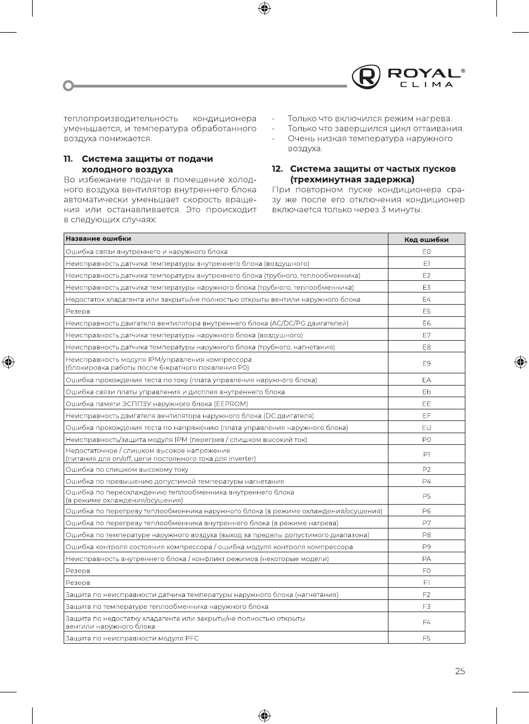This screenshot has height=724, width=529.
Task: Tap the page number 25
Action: tap(460, 671)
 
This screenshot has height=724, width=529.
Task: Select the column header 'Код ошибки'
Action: tap(426, 239)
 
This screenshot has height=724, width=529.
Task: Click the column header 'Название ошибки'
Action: tap(98, 239)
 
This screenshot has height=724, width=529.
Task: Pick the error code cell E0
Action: tap(426, 251)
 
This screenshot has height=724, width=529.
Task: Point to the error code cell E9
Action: tap(426, 363)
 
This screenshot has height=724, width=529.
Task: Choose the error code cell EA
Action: tap(426, 380)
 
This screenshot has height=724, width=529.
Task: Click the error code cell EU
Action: tap(426, 428)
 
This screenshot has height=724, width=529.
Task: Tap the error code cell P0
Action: tap(426, 440)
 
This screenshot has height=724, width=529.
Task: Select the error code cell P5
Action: tap(426, 496)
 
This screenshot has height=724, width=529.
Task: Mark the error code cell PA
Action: tap(426, 559)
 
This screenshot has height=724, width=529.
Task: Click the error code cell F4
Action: tap(426, 622)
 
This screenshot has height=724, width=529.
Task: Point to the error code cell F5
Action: tap(426, 638)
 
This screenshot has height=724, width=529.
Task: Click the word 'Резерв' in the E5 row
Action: tap(78, 311)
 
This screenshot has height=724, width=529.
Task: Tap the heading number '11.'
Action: tap(68, 159)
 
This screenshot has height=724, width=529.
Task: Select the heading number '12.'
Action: tap(277, 169)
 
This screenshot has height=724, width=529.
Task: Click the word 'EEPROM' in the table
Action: tap(232, 404)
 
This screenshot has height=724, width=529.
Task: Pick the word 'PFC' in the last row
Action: tap(191, 638)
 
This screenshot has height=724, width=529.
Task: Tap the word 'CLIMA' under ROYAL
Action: tap(427, 85)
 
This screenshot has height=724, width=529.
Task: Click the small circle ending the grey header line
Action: tap(69, 86)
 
